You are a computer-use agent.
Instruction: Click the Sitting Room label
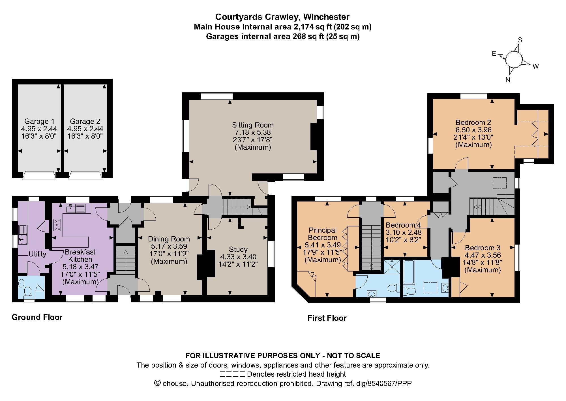point(253,125)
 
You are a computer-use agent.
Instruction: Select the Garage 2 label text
point(85,122)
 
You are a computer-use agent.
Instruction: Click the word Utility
point(37,254)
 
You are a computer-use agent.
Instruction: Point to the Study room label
point(238,249)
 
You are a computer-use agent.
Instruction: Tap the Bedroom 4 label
point(403,225)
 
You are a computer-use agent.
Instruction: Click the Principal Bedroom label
point(323,234)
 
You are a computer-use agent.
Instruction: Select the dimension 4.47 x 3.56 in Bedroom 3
point(483,255)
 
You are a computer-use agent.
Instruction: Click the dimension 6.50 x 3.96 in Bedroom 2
point(473,130)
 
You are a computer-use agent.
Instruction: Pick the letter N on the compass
point(508,80)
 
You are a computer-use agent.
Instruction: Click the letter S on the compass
point(520,40)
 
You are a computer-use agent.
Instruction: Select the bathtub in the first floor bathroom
point(409,272)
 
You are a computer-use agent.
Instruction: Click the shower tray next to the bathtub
point(392,267)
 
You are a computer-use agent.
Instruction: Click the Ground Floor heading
point(37,317)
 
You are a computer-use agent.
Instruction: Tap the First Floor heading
point(327,318)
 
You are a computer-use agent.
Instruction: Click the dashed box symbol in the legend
point(232,374)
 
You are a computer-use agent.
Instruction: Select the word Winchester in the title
point(325,17)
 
